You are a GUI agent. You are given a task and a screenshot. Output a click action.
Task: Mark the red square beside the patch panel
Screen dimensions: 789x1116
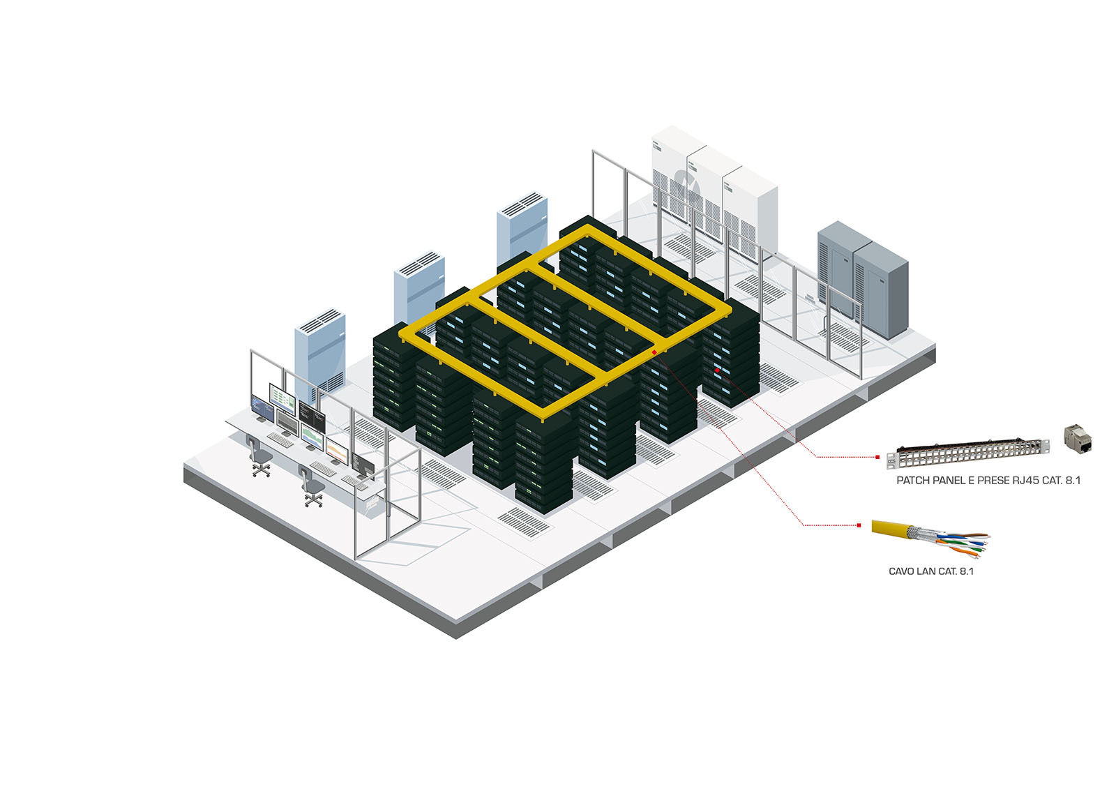(x=877, y=457)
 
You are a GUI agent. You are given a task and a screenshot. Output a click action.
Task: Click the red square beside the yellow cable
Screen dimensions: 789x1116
(x=859, y=525)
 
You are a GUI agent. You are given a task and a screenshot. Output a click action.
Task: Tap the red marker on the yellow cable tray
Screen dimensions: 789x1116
(x=654, y=353)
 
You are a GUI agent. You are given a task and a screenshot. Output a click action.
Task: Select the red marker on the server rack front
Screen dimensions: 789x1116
(x=717, y=370)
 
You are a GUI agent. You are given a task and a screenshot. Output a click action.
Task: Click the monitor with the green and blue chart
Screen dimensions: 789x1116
(x=312, y=437)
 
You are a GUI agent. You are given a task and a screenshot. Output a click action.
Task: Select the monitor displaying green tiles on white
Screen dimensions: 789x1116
(x=282, y=398)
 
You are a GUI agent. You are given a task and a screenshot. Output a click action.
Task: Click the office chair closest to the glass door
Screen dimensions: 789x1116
(x=312, y=487)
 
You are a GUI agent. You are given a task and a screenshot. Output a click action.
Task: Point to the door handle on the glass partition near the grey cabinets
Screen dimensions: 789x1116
(x=825, y=325)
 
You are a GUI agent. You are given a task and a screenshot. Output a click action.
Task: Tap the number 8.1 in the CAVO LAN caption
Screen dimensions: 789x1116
(x=966, y=571)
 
